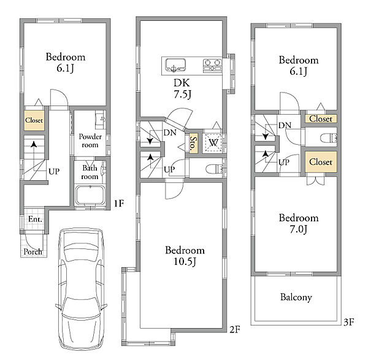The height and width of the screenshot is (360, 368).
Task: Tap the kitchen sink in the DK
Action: click(x=175, y=65)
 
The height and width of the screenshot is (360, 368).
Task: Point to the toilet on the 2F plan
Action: click(x=214, y=169)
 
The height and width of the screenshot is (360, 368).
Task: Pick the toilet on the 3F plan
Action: click(x=329, y=138)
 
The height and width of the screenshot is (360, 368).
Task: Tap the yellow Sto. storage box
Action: click(x=193, y=144)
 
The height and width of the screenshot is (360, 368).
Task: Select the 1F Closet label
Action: click(x=34, y=120)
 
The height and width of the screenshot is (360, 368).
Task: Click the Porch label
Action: click(x=33, y=251)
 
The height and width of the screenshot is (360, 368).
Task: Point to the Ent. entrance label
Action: click(x=35, y=219)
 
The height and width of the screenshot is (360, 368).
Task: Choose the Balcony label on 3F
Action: click(x=296, y=297)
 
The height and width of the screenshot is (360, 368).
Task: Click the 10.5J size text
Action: click(x=185, y=261)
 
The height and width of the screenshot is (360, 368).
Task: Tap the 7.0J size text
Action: click(x=298, y=229)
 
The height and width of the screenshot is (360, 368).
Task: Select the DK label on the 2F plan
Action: click(x=182, y=83)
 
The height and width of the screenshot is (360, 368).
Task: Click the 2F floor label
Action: click(x=235, y=330)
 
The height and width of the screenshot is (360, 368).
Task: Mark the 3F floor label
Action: click(x=348, y=322)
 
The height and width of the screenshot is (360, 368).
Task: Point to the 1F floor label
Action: click(x=119, y=203)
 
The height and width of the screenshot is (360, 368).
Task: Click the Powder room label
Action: click(x=90, y=140)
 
